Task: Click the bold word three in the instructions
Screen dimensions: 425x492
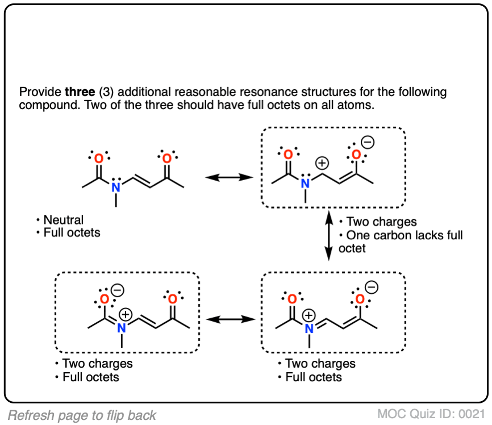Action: pyautogui.click(x=78, y=92)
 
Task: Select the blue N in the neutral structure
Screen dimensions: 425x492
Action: pyautogui.click(x=115, y=187)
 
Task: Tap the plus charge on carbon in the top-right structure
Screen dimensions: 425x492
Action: pyautogui.click(x=322, y=163)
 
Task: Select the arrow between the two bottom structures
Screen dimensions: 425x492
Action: pyautogui.click(x=230, y=319)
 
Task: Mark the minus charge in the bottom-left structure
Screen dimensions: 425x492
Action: pyautogui.click(x=116, y=289)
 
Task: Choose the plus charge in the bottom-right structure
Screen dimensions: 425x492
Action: pyautogui.click(x=310, y=314)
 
